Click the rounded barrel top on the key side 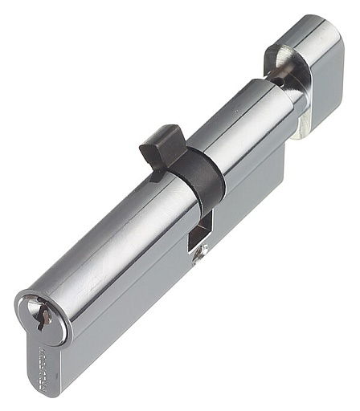coord(104,241)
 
